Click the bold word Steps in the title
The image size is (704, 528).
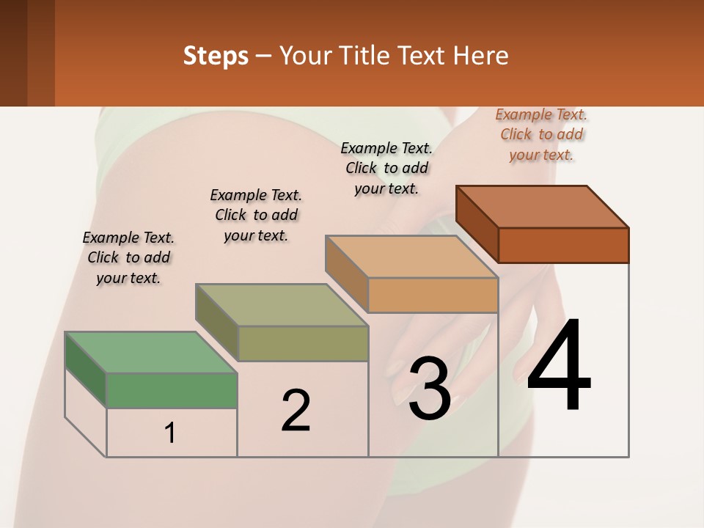pyautogui.click(x=216, y=56)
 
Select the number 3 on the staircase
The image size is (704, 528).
pyautogui.click(x=430, y=389)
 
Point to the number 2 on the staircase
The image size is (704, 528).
pyautogui.click(x=296, y=410)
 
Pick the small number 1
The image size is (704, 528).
pyautogui.click(x=170, y=433)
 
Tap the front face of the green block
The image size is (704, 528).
pyautogui.click(x=172, y=390)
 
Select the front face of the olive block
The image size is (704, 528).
pyautogui.click(x=303, y=344)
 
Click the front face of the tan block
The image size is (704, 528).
pyautogui.click(x=433, y=296)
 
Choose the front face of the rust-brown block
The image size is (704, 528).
pyautogui.click(x=563, y=245)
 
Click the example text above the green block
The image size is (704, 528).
pyautogui.click(x=128, y=258)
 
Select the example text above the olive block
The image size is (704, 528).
pyautogui.click(x=256, y=215)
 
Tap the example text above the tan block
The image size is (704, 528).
pyautogui.click(x=386, y=168)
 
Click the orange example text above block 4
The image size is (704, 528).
pyautogui.click(x=541, y=134)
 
